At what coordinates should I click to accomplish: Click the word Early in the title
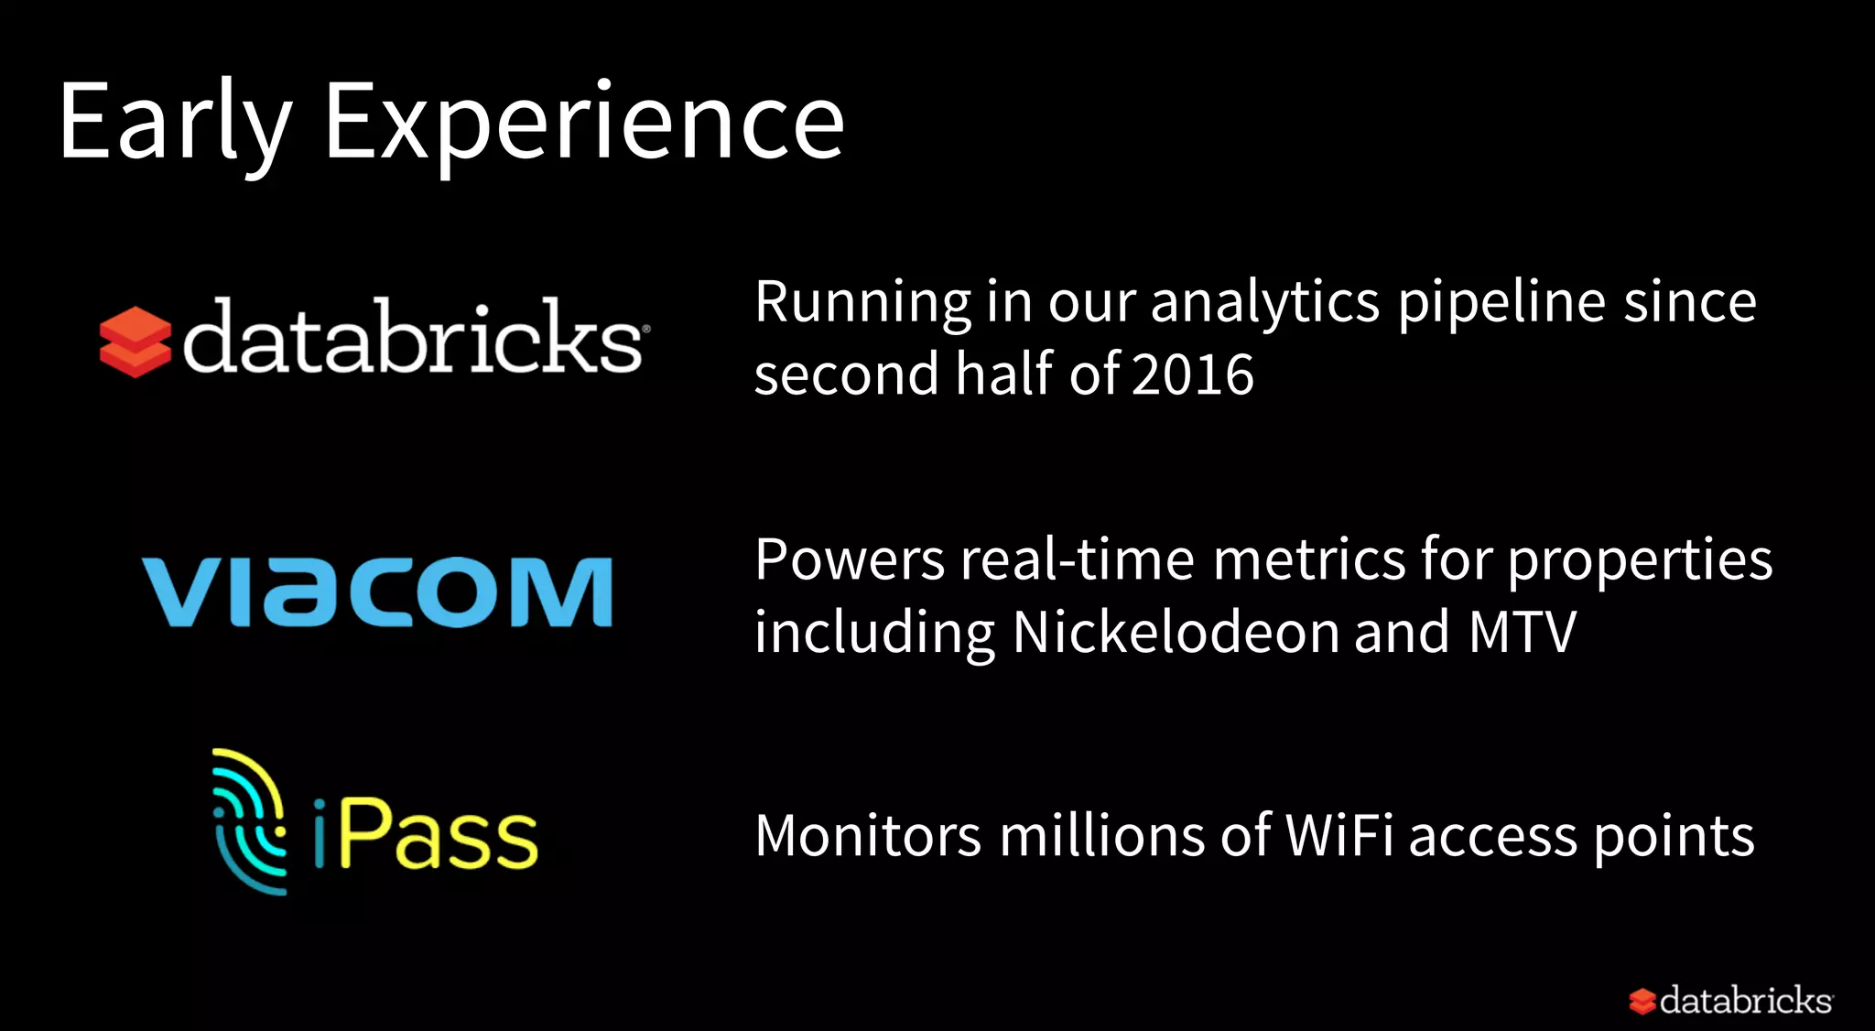174,124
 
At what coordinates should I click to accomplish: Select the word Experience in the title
584,124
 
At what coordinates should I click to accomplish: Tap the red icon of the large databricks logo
135,342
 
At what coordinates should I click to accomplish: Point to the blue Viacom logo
376,591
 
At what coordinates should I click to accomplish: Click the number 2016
1192,374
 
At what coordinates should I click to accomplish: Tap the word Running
862,303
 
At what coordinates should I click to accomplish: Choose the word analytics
1263,303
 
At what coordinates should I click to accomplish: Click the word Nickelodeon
1176,633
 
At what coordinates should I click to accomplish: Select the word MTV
1523,633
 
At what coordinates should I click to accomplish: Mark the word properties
1639,561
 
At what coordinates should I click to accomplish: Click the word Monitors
868,836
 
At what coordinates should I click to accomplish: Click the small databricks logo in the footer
1730,1000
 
